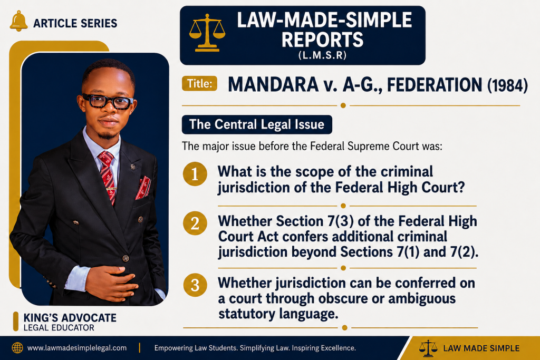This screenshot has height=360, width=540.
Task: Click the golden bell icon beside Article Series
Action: [x=18, y=21]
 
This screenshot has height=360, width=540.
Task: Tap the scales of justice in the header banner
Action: [x=207, y=33]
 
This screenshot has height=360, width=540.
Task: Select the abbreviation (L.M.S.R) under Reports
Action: [x=322, y=55]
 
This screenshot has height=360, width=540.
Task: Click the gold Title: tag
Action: [x=199, y=83]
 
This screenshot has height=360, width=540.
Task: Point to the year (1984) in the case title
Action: [x=507, y=85]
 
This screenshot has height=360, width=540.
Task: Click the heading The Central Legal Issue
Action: [x=257, y=124]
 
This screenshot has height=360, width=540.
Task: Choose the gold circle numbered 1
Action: [x=195, y=174]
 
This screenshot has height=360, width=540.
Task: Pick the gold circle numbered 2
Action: [x=195, y=223]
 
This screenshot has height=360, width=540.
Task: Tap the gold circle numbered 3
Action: [x=195, y=285]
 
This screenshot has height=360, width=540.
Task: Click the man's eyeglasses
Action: [x=108, y=101]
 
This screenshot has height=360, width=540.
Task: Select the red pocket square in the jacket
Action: [x=143, y=188]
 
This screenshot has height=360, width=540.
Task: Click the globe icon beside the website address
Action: [x=17, y=347]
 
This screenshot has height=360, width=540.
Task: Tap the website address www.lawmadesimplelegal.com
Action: [x=77, y=348]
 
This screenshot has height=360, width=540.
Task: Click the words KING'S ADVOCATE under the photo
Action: [x=70, y=318]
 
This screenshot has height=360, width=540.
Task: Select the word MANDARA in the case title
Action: [x=273, y=85]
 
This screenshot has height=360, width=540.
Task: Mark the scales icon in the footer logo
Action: [x=428, y=348]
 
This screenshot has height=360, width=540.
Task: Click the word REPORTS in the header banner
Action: [x=322, y=40]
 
